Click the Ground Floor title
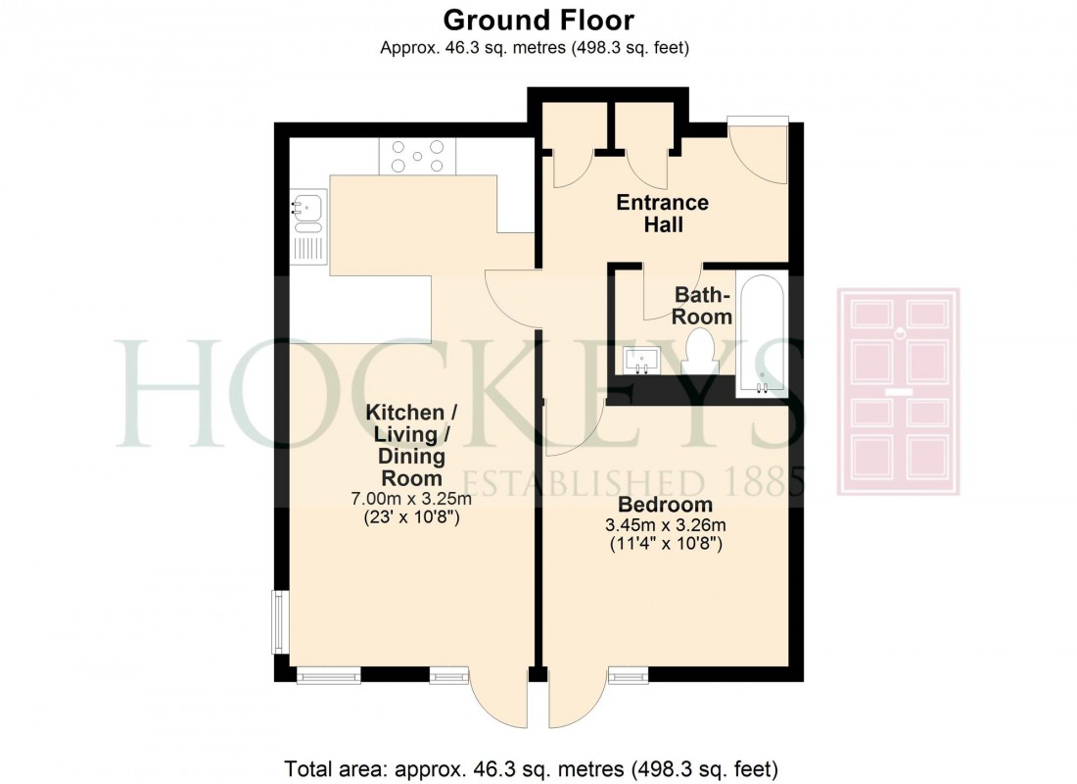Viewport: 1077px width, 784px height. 538,20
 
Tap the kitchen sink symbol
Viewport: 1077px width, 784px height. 307,208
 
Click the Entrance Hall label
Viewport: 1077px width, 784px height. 662,214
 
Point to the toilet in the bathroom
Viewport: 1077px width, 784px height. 699,352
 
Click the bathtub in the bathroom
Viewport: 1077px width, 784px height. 761,333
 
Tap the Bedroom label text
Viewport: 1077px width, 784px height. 664,506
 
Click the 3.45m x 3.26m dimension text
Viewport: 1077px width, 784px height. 664,526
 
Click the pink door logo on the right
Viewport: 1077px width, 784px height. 897,392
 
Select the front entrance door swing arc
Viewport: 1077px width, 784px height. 759,157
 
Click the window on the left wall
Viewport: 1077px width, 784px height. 279,623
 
